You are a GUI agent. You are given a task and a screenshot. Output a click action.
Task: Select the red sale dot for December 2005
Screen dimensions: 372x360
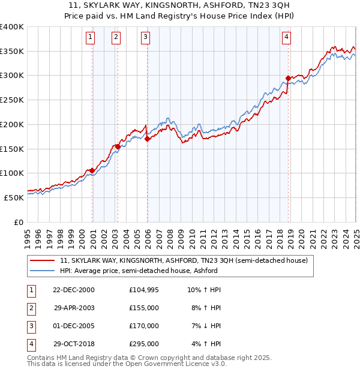pyautogui.click(x=148, y=139)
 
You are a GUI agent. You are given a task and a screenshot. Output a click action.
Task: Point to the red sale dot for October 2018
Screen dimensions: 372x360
pyautogui.click(x=289, y=78)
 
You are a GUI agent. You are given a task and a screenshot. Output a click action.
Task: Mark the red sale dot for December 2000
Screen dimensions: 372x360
pyautogui.click(x=92, y=171)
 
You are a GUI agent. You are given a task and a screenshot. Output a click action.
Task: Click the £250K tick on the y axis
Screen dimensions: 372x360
pyautogui.click(x=12, y=100)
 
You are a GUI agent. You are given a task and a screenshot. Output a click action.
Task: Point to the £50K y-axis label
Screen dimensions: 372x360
pyautogui.click(x=14, y=197)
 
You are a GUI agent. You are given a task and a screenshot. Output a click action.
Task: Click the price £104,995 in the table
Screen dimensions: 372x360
pyautogui.click(x=143, y=290)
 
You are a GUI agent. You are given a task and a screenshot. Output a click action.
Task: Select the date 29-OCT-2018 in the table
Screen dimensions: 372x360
pyautogui.click(x=73, y=344)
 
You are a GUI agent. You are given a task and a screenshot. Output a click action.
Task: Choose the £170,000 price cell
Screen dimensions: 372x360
pyautogui.click(x=143, y=326)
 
